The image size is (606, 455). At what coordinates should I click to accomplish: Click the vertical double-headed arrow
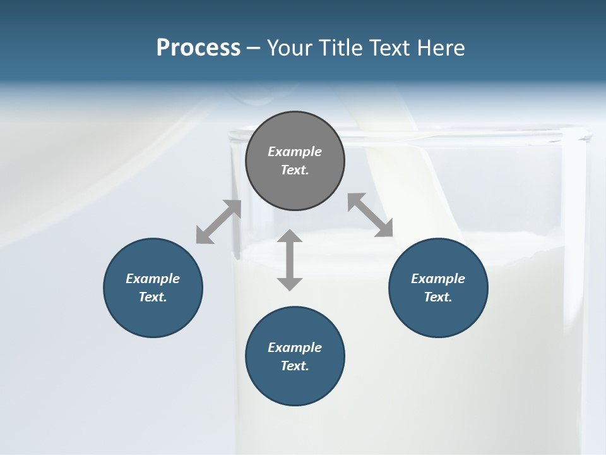click(x=290, y=260)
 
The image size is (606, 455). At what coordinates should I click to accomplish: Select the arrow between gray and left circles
click(x=218, y=222)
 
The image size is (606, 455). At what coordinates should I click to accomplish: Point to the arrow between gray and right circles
click(x=371, y=215)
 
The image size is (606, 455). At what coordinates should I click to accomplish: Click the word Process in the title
click(x=198, y=48)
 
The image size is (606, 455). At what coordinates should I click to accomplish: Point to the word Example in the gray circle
click(x=295, y=152)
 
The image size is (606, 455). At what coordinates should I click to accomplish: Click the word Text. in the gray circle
click(x=295, y=170)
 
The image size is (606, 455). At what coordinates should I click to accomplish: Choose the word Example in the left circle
click(x=153, y=279)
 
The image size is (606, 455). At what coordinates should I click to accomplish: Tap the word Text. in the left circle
click(x=153, y=297)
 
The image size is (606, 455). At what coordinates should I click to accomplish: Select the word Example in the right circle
click(x=438, y=279)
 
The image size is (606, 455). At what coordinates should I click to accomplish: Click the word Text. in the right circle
click(x=438, y=297)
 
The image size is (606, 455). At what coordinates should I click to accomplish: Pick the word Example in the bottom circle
click(x=295, y=348)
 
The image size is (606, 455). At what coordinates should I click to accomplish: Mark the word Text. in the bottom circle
click(x=295, y=366)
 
